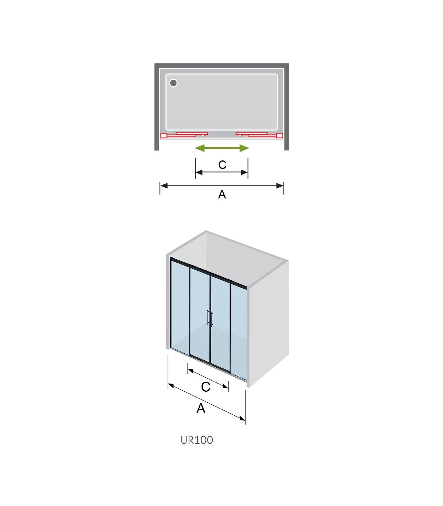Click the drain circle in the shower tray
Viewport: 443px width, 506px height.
coord(173,83)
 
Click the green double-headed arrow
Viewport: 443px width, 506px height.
coord(222,148)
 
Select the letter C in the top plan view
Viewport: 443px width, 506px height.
coord(222,165)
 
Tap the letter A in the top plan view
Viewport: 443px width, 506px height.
coord(222,194)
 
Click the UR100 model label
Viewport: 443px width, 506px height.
coord(197,440)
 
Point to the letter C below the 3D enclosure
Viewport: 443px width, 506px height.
coord(206,387)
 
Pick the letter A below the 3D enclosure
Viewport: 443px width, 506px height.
coord(201,408)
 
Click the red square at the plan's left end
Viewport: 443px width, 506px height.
coord(164,135)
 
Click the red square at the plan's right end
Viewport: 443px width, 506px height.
coord(280,135)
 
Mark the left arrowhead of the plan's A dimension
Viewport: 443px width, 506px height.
coord(164,186)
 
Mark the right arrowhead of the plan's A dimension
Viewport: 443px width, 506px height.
coord(280,186)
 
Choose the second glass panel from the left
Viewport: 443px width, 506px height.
coord(200,315)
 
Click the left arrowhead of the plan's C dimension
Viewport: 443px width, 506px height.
coord(199,172)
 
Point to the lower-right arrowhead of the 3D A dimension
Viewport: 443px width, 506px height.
coord(242,419)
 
